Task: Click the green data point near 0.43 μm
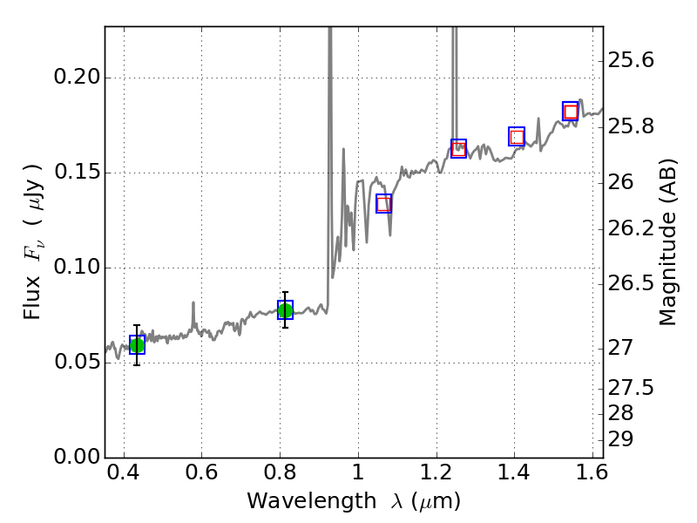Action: click(137, 345)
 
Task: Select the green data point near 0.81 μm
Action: click(285, 309)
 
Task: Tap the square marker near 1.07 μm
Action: click(383, 204)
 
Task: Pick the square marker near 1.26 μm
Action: click(458, 148)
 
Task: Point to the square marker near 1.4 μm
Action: click(517, 137)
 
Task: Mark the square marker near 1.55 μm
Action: click(571, 112)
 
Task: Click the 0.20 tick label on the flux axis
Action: click(76, 78)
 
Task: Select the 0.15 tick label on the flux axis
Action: click(76, 173)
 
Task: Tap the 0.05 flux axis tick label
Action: click(76, 363)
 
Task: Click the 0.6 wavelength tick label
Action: click(201, 476)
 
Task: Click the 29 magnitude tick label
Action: click(622, 438)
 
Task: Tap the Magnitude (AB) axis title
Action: click(668, 241)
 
